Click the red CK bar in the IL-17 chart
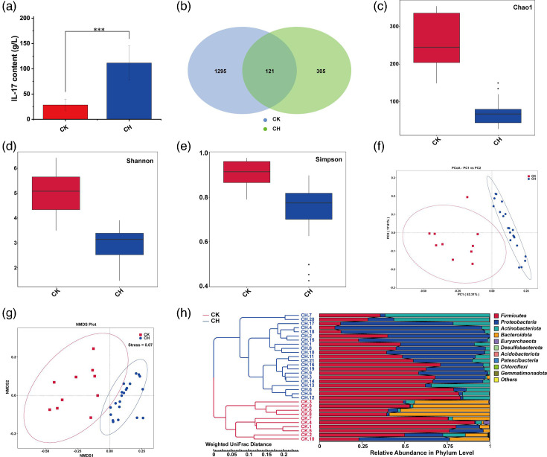(x=65, y=112)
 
